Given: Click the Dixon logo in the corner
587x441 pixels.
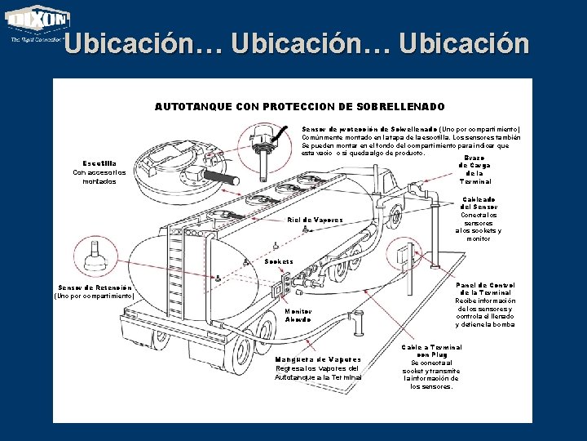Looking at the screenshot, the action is click(38, 24).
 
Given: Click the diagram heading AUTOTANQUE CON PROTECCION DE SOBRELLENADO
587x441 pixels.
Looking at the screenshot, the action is click(299, 107).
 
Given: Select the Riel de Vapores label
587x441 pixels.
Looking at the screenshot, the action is click(316, 220).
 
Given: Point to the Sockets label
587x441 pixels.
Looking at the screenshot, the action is click(280, 261).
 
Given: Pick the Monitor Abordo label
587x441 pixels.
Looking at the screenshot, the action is click(298, 314).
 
